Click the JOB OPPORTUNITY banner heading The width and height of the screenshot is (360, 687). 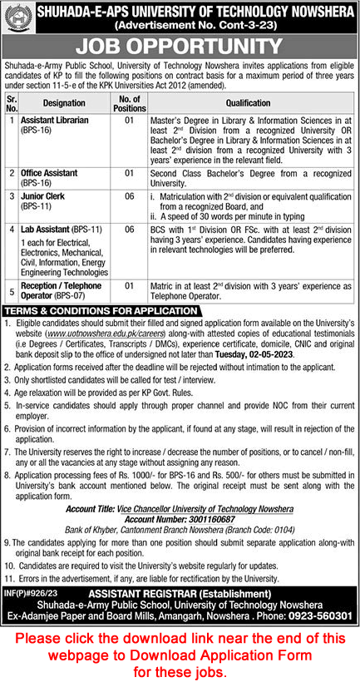(x=180, y=49)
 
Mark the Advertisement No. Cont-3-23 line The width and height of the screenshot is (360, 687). (x=180, y=26)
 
